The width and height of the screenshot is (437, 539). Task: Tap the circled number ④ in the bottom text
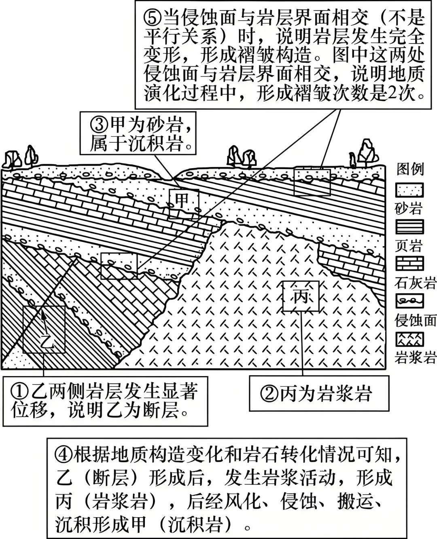tap(64, 455)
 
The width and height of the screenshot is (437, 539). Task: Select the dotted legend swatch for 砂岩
tap(409, 190)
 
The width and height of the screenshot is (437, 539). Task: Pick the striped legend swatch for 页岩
tap(409, 227)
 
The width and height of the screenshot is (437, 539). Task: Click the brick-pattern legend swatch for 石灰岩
tap(409, 264)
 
